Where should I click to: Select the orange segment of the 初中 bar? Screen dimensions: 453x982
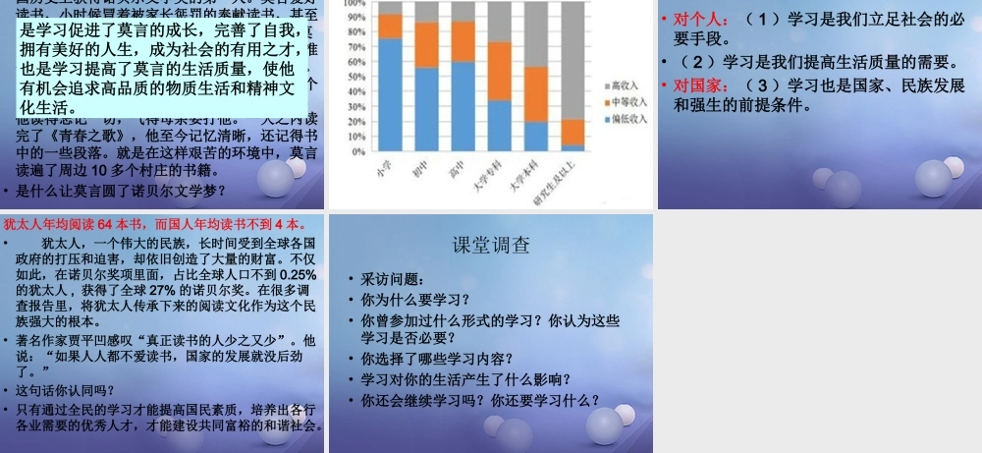coord(427,45)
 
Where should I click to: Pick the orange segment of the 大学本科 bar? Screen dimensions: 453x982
coord(537,94)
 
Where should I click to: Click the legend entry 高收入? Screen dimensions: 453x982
coord(625,86)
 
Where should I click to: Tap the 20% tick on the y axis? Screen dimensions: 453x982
coord(355,122)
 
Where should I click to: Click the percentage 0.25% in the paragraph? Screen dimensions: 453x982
coord(298,274)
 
